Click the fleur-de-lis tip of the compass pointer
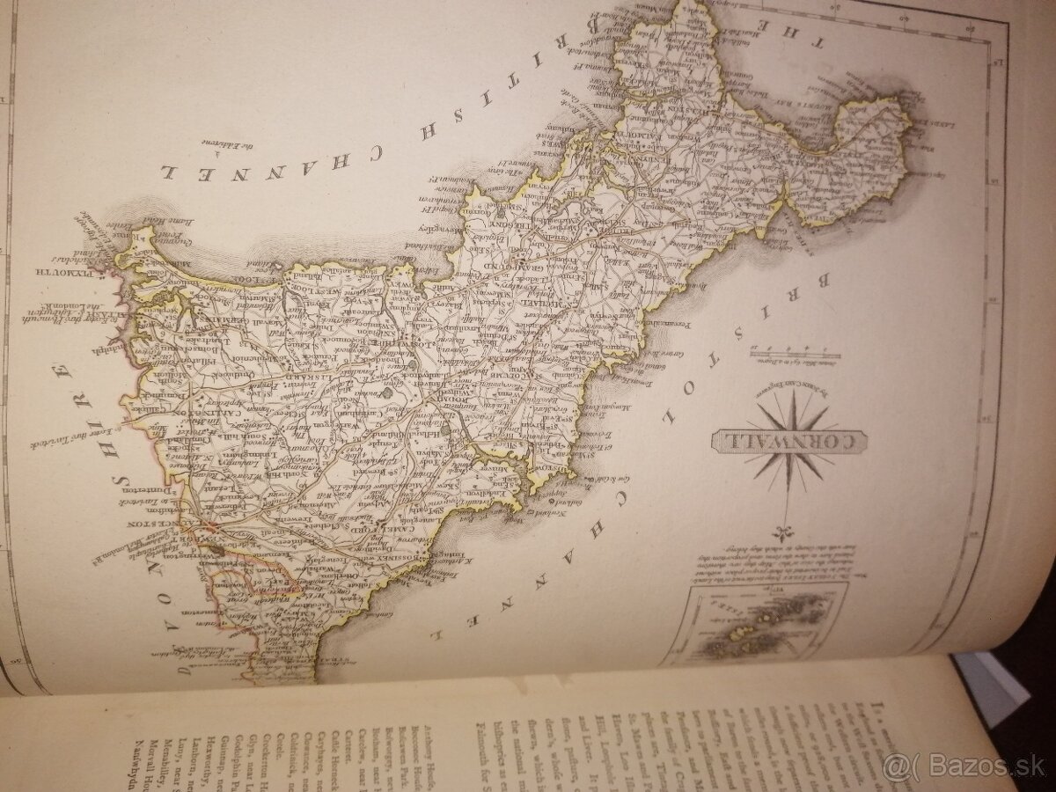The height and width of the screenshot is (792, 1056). pos(781,531)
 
